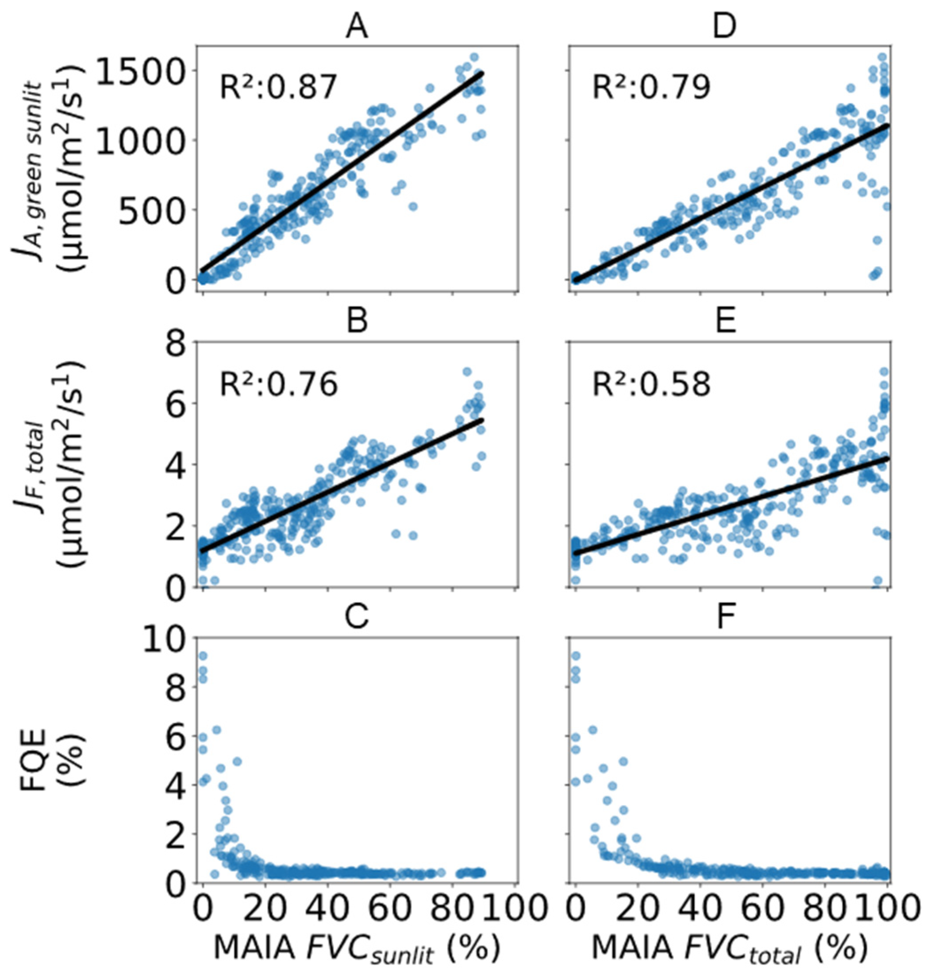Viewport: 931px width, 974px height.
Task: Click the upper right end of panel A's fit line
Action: tap(482, 73)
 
